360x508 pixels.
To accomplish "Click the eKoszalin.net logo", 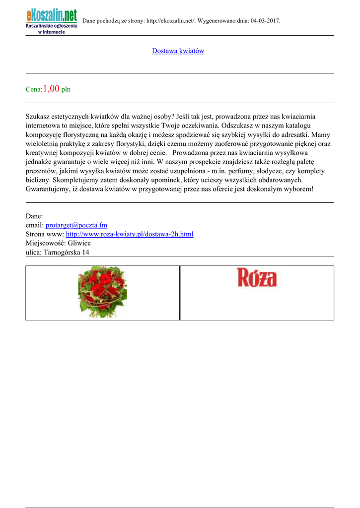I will pos(52,21).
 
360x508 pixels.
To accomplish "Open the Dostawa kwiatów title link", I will pos(178,51).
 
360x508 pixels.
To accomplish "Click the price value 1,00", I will pos(51,89).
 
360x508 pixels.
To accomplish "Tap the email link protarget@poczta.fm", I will pos(76,225).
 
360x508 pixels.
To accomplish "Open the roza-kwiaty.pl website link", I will pos(130,234).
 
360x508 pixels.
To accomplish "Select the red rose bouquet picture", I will pos(102,292).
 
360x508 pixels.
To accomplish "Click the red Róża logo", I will pos(257,278).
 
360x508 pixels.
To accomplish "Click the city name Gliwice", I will pos(79,243).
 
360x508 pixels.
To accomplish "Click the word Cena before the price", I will pos(33,90).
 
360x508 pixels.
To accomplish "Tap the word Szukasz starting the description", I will pos(39,117).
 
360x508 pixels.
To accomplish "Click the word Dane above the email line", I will pos(34,216).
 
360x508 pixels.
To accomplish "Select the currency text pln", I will pos(66,90).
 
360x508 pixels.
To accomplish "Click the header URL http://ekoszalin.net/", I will pos(171,21).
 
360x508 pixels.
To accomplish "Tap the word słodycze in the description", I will pos(272,171).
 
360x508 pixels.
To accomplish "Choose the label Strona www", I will pos(45,234).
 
